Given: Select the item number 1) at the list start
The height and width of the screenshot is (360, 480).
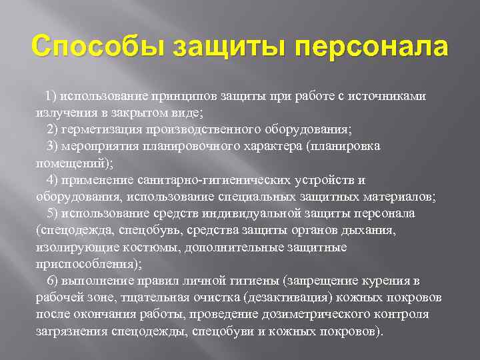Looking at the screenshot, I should [x=53, y=95].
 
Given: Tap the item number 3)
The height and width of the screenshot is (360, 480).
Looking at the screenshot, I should [x=53, y=145].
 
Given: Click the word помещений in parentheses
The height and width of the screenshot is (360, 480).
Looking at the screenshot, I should [x=68, y=163].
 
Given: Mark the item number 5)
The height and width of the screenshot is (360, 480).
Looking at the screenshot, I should [x=53, y=213].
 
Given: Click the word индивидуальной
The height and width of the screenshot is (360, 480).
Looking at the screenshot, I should [x=259, y=213].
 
